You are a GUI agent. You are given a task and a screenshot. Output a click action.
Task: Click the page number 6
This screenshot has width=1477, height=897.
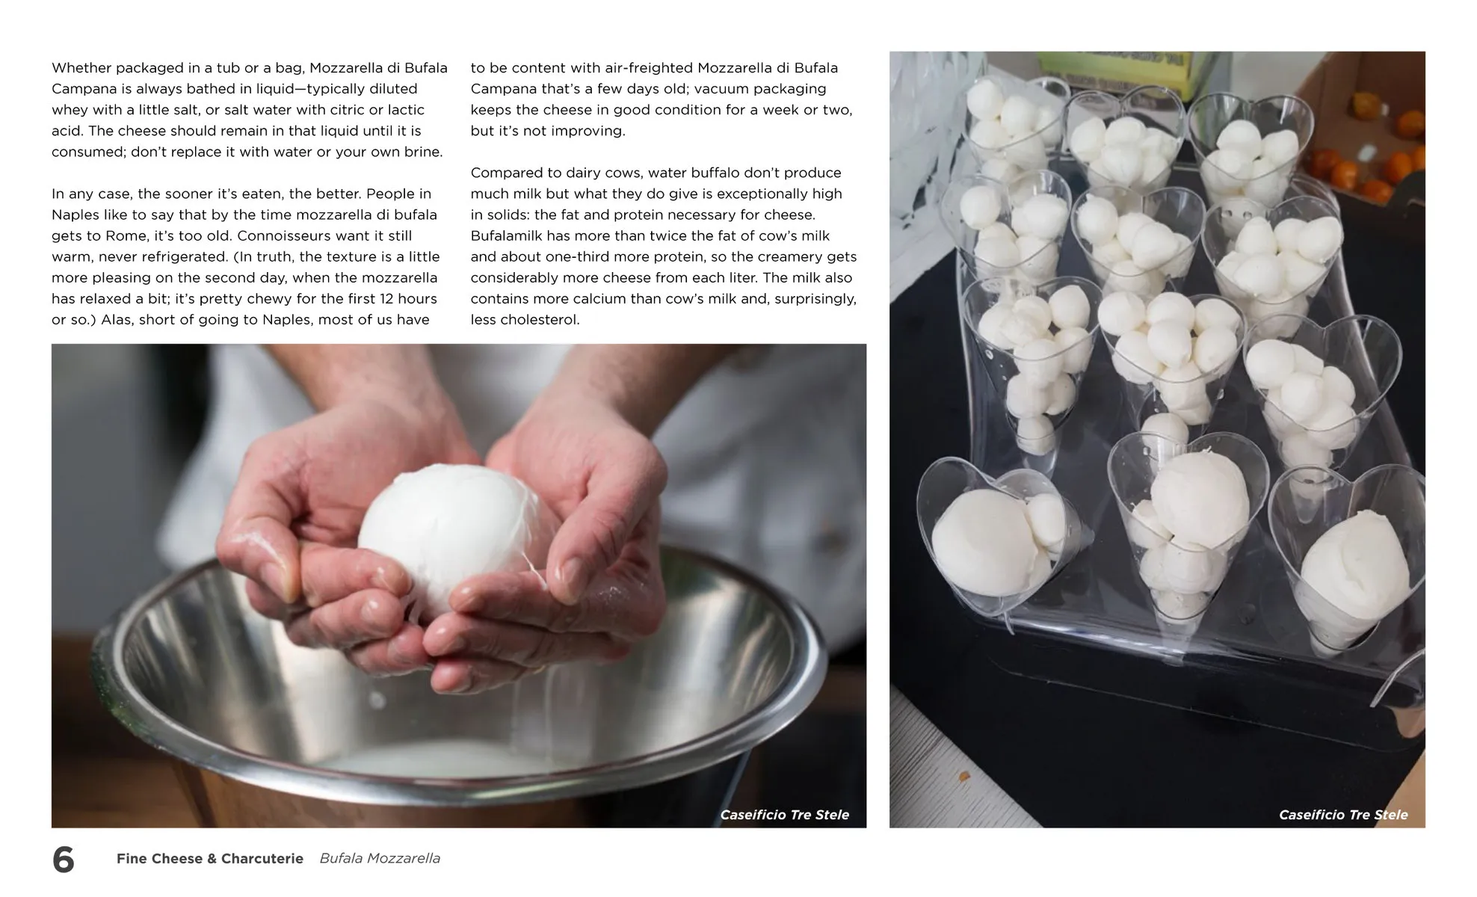point(64,860)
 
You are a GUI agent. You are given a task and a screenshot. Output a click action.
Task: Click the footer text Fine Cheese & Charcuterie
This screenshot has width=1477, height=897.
point(210,859)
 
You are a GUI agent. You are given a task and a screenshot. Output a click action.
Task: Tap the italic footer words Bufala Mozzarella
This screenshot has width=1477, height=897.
point(380,859)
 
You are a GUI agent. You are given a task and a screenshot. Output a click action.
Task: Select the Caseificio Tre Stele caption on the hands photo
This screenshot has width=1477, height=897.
point(784,815)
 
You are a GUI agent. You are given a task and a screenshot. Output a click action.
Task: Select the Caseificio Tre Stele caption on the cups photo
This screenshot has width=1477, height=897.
point(1343,815)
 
